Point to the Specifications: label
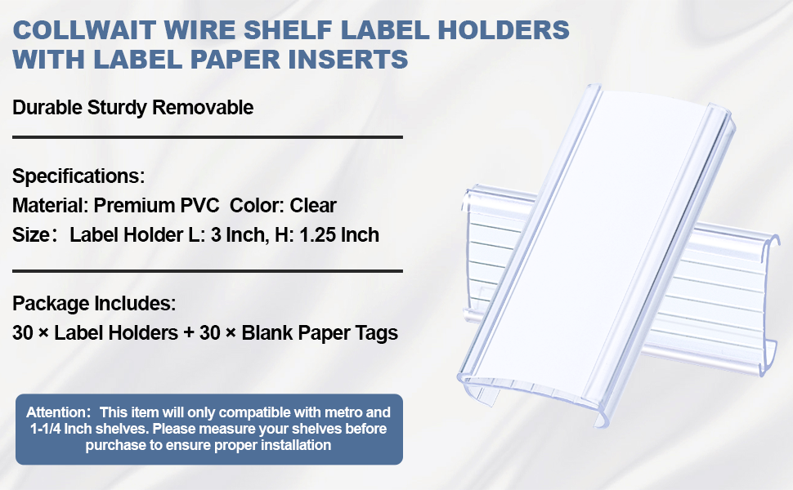click(78, 176)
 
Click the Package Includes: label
click(94, 304)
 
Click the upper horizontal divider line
click(208, 137)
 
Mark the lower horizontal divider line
click(208, 270)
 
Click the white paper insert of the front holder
click(589, 245)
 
